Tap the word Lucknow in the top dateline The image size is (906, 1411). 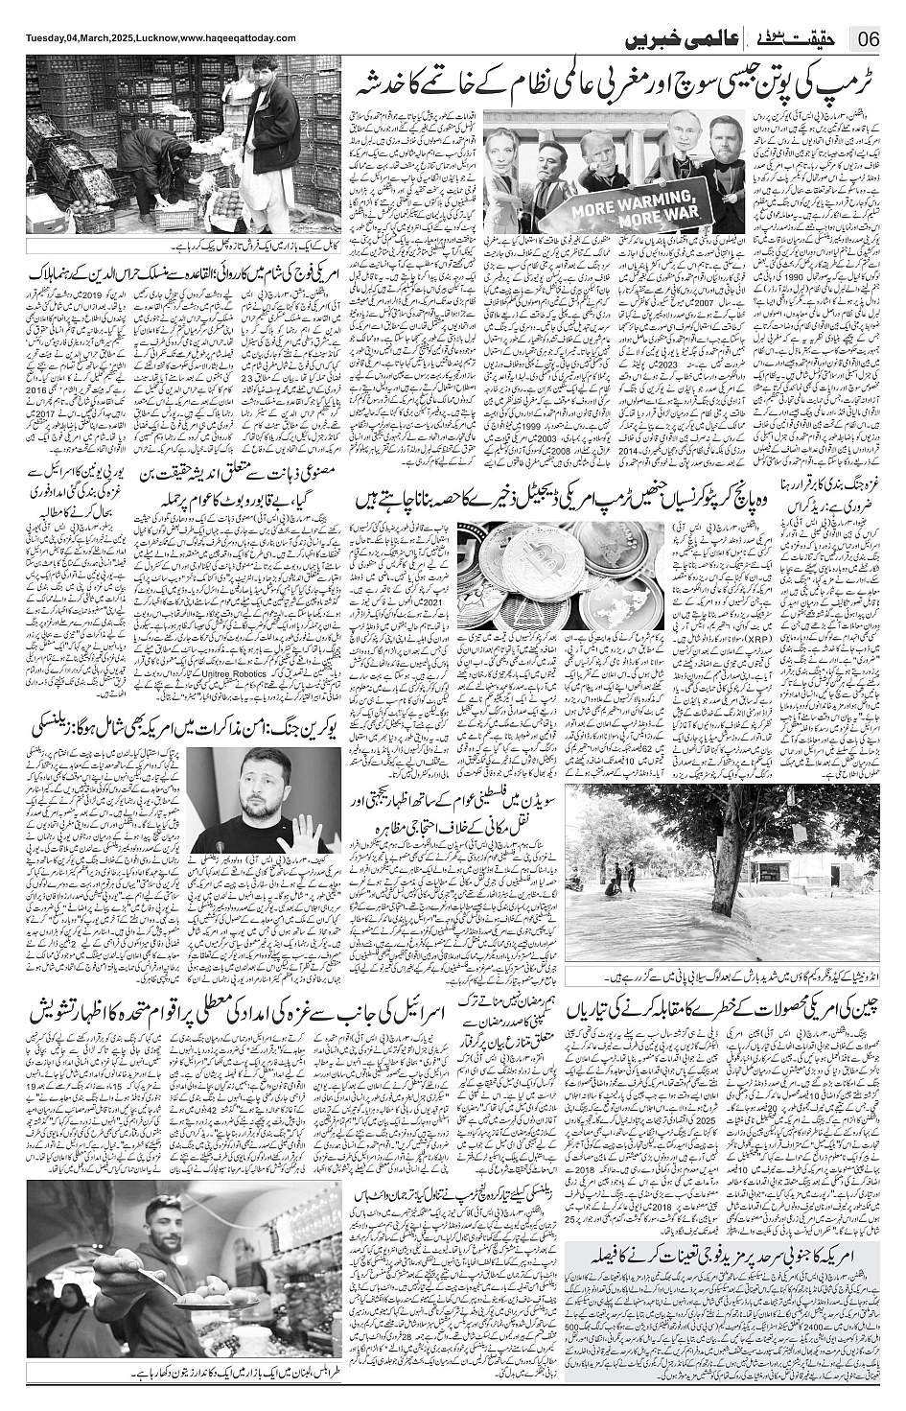(144, 38)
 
